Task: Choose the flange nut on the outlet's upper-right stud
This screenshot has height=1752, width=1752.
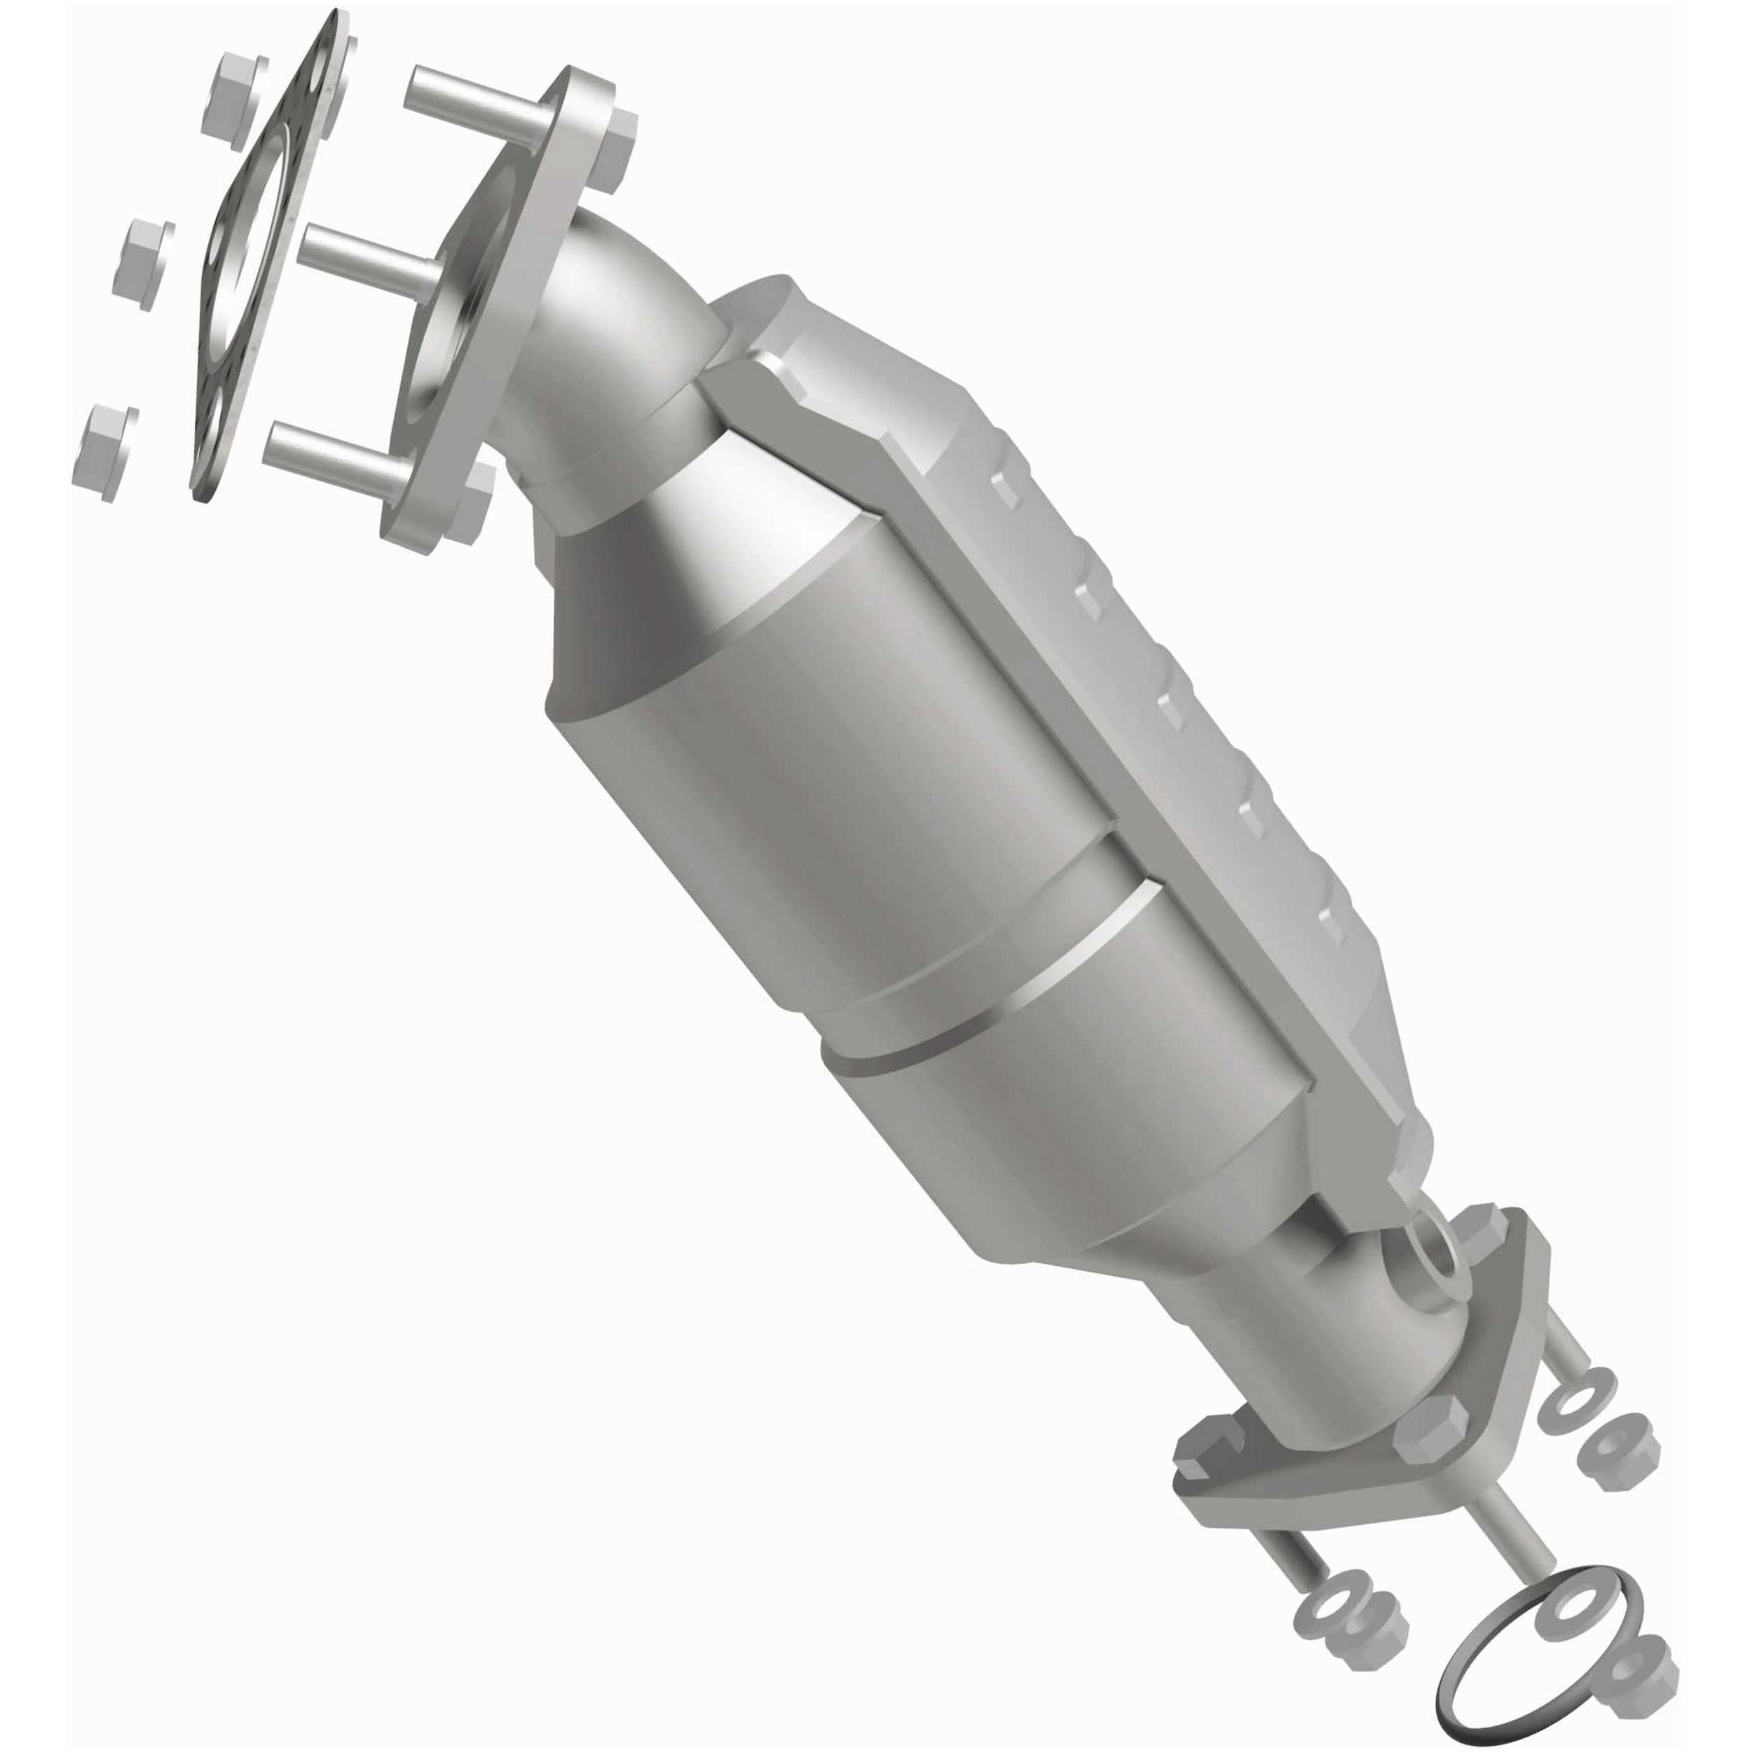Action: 1620,1465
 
